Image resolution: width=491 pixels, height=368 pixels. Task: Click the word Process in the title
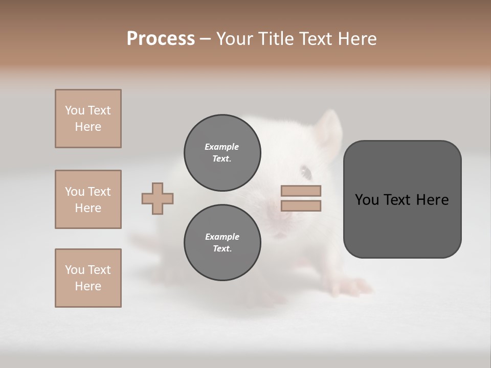tap(161, 39)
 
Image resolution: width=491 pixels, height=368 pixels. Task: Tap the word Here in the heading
tap(356, 39)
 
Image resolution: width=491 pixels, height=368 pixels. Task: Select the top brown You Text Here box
tap(88, 119)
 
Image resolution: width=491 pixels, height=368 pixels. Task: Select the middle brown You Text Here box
tap(88, 199)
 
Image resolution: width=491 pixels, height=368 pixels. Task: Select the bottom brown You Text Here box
tap(88, 278)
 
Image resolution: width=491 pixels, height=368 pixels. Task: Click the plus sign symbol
tap(158, 198)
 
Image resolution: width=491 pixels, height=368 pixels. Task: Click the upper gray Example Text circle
tap(222, 153)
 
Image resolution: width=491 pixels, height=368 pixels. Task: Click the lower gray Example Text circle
tap(222, 243)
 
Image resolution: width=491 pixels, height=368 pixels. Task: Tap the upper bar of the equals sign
tap(301, 191)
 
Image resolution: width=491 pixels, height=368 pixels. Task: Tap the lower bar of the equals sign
tap(301, 206)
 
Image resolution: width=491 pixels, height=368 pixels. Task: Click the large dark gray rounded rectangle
tap(402, 199)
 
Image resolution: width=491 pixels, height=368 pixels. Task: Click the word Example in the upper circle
tap(222, 147)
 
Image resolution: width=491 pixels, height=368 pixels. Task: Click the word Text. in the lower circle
tap(222, 249)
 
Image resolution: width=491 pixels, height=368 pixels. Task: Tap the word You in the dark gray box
tap(366, 200)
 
